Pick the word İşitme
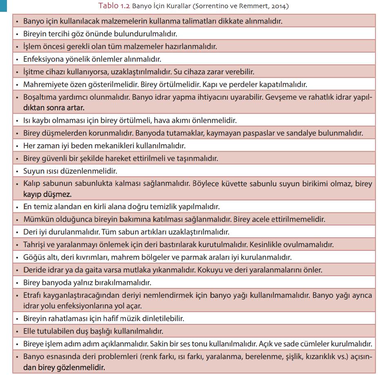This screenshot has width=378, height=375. [x=33, y=72]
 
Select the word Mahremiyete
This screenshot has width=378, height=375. [x=45, y=85]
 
